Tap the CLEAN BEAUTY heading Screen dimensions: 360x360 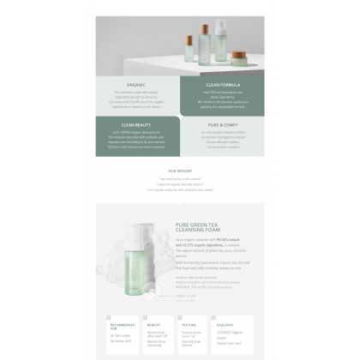click(x=137, y=124)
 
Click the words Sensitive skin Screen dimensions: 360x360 click(x=123, y=340)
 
